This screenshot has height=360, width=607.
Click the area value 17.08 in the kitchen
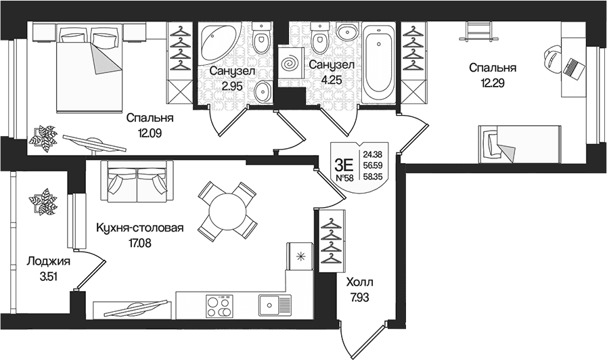pyautogui.click(x=140, y=243)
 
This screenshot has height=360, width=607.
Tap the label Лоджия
pyautogui.click(x=49, y=262)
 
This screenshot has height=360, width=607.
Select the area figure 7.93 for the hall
pyautogui.click(x=359, y=297)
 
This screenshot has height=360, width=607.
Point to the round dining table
pyautogui.click(x=227, y=211)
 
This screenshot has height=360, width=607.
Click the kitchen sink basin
pyautogui.click(x=270, y=305)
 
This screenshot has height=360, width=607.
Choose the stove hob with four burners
pyautogui.click(x=219, y=306)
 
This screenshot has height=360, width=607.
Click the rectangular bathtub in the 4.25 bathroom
pyautogui.click(x=379, y=63)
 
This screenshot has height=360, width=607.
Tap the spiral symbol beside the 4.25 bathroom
pyautogui.click(x=290, y=63)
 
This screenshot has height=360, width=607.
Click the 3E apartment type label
pyautogui.click(x=344, y=165)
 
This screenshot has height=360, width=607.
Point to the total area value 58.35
pyautogui.click(x=372, y=177)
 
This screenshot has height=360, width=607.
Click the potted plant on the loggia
pyautogui.click(x=41, y=201)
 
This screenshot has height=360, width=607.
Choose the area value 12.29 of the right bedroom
pyautogui.click(x=493, y=83)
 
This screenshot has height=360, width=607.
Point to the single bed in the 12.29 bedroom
pyautogui.click(x=520, y=144)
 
